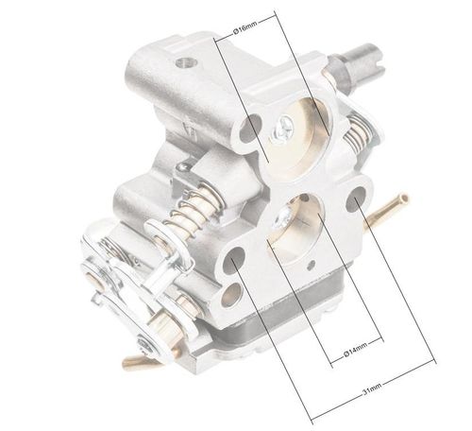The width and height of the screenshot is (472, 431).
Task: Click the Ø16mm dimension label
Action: click(245, 26)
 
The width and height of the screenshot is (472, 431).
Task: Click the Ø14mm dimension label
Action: click(355, 350)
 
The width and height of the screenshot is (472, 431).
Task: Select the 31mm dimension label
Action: click(372, 389)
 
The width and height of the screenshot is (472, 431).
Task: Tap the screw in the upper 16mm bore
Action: click(283, 129)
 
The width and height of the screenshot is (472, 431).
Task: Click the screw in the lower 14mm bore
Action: click(283, 216)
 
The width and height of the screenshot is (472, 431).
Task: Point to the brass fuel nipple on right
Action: click(386, 210)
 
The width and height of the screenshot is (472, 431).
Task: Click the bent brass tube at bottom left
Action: click(140, 360)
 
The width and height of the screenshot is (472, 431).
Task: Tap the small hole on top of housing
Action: click(184, 62)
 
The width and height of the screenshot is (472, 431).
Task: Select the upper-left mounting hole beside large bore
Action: click(250, 128)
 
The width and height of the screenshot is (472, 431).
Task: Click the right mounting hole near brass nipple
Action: click(356, 199)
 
